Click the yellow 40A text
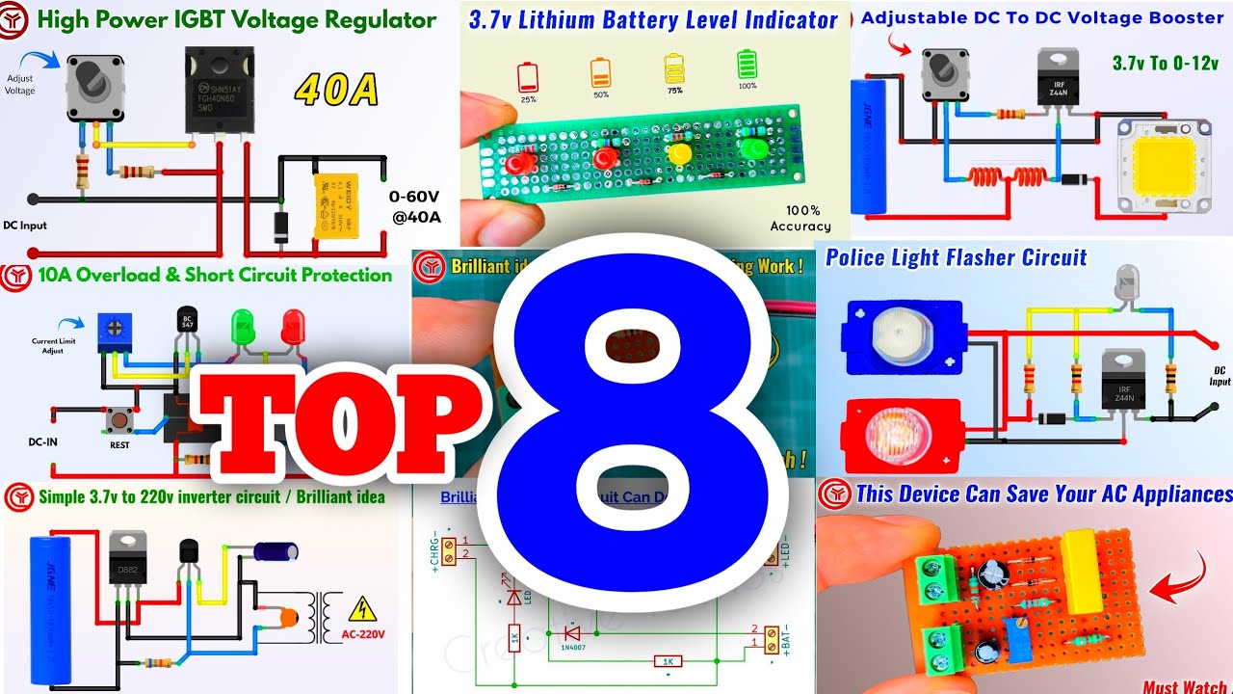[x=336, y=91]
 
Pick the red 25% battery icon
[x=527, y=75]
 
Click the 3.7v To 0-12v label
[x=1166, y=64]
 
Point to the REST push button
[x=120, y=421]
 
